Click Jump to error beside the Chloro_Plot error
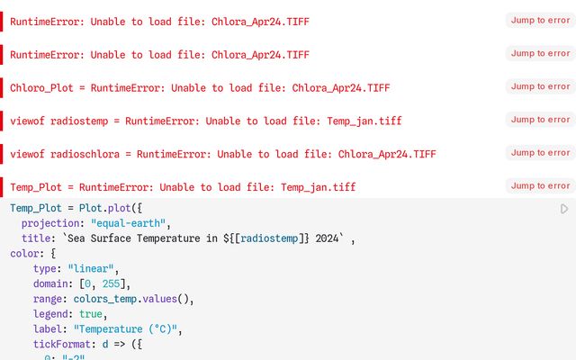click(540, 86)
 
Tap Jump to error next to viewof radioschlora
click(540, 153)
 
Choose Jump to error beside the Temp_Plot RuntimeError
click(540, 186)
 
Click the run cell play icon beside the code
click(564, 209)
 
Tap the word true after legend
click(91, 314)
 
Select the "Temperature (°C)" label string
click(127, 329)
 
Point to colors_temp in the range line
click(105, 299)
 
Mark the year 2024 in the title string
click(327, 238)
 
